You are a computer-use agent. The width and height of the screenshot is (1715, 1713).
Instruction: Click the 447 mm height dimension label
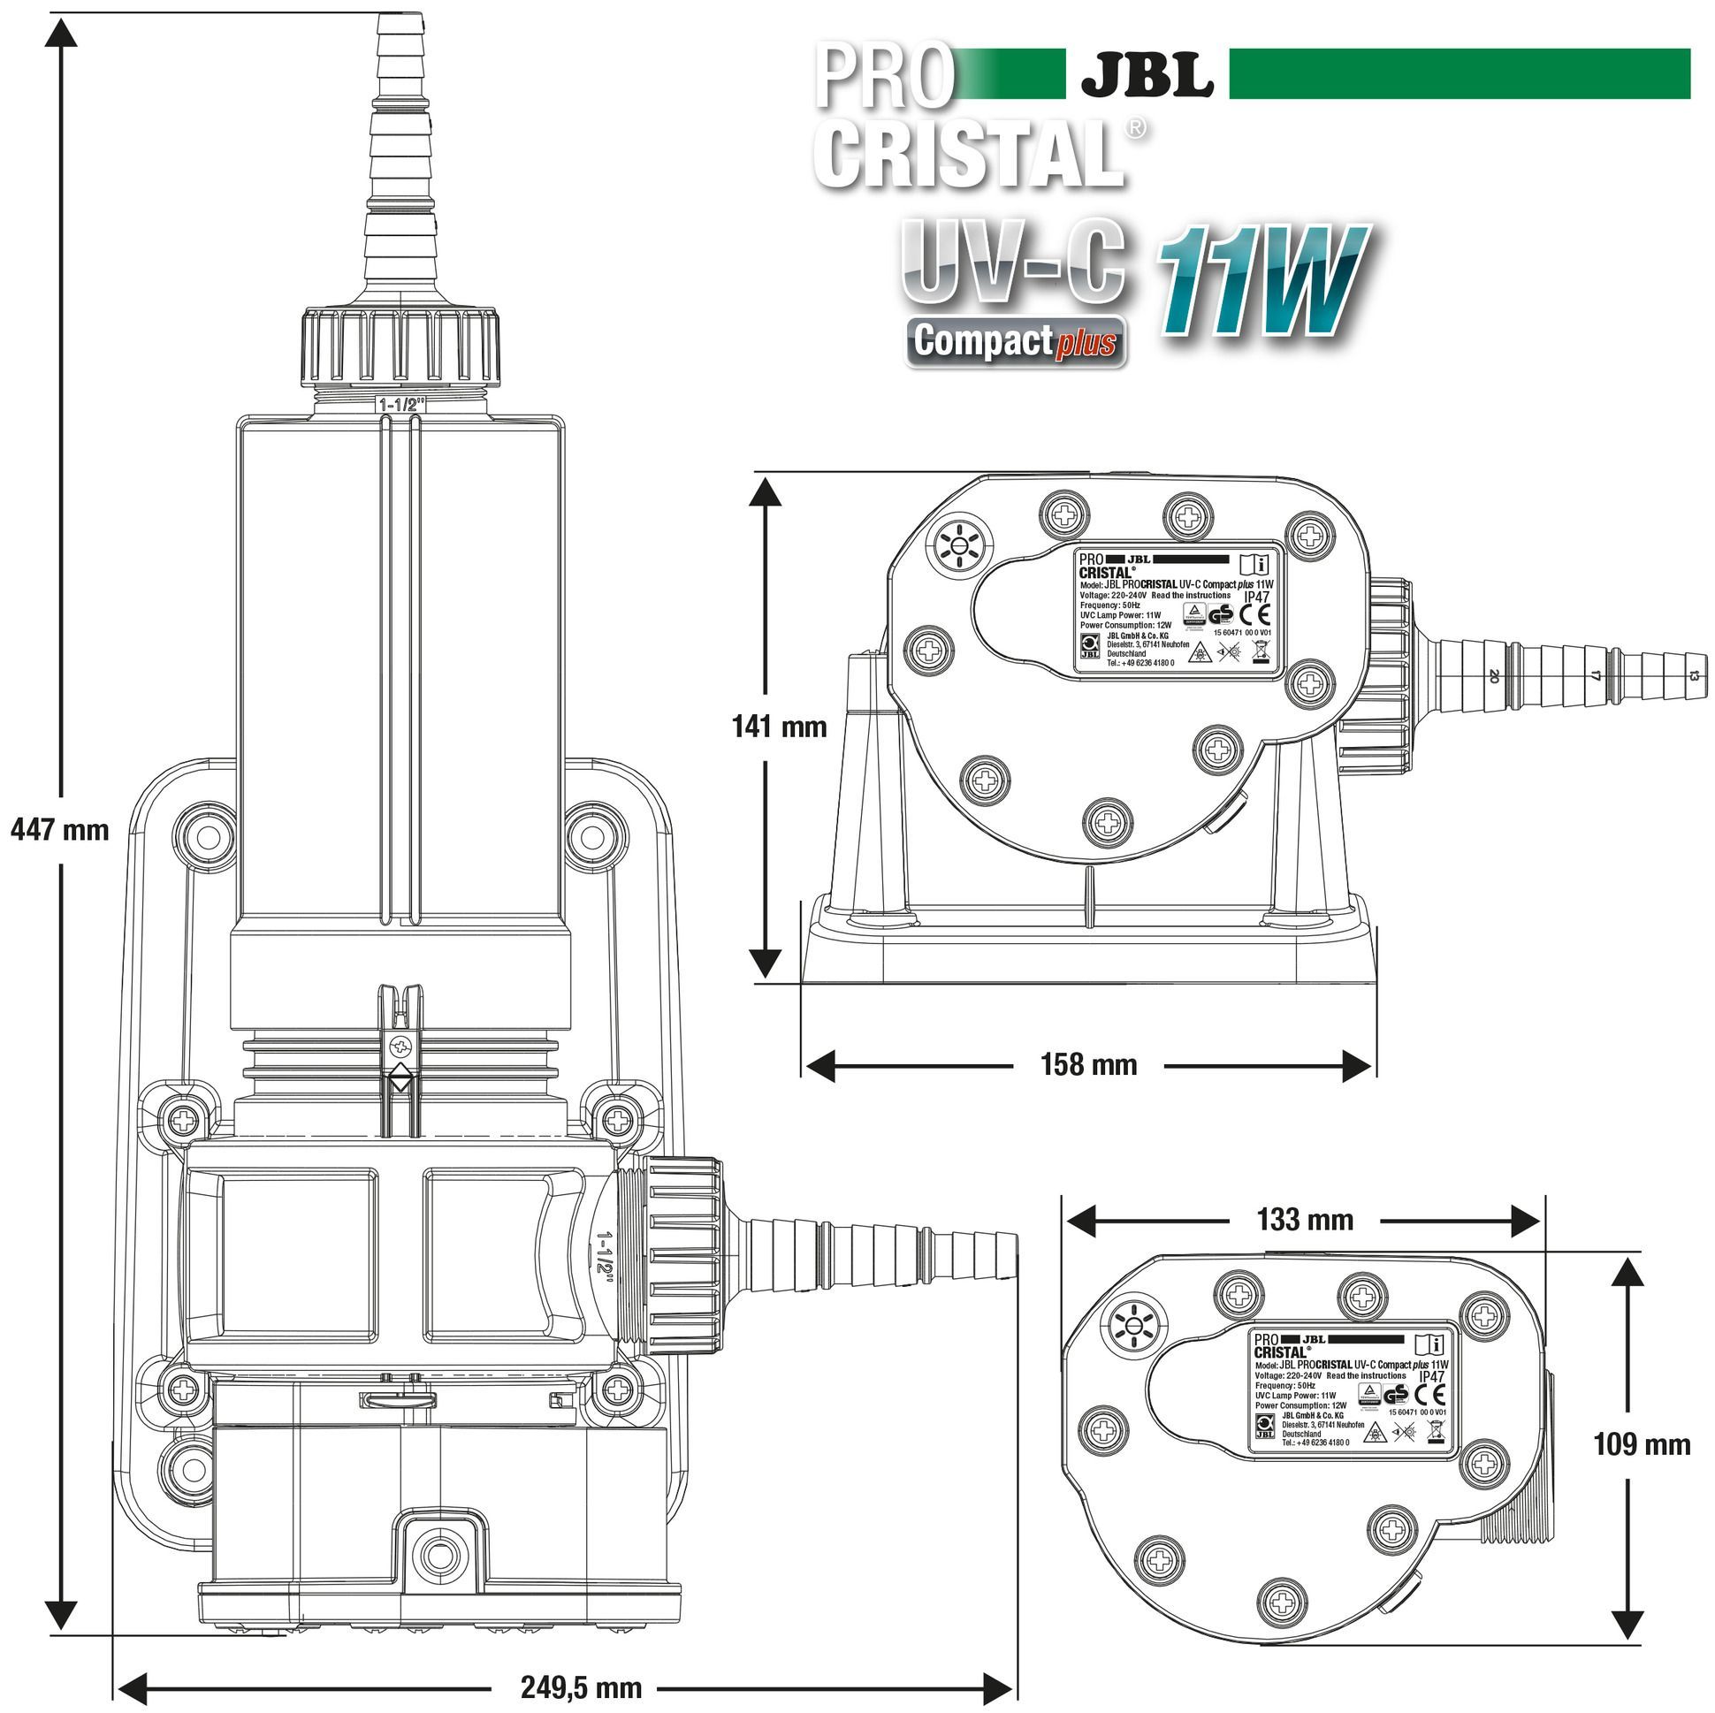click(59, 830)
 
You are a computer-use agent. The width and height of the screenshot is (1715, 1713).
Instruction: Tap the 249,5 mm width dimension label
click(581, 1686)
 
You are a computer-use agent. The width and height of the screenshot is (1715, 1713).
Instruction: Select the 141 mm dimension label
click(779, 727)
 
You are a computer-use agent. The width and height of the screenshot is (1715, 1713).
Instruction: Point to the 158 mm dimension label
click(1088, 1064)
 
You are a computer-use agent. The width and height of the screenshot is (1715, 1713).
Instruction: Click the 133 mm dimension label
click(1304, 1220)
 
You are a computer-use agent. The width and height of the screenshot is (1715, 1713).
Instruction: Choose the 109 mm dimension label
click(1642, 1444)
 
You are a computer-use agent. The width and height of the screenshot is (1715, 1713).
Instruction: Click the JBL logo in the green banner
click(1147, 75)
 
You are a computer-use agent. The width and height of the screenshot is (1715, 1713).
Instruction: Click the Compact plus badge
click(1016, 342)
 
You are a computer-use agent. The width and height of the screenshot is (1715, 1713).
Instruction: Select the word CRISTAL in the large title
click(968, 153)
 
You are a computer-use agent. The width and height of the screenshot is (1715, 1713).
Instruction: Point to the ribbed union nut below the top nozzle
click(401, 347)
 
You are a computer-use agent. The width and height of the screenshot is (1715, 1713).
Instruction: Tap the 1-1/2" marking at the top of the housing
click(402, 405)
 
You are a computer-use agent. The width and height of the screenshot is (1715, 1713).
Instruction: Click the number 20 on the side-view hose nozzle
click(1494, 676)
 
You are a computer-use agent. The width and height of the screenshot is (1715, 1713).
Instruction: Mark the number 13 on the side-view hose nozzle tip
click(1693, 676)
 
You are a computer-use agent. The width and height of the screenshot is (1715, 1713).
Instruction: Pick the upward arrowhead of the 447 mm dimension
click(60, 32)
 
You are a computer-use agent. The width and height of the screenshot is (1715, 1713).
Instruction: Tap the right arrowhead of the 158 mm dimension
click(1358, 1065)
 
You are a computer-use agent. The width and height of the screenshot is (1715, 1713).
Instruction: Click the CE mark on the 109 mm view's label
click(1435, 1394)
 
